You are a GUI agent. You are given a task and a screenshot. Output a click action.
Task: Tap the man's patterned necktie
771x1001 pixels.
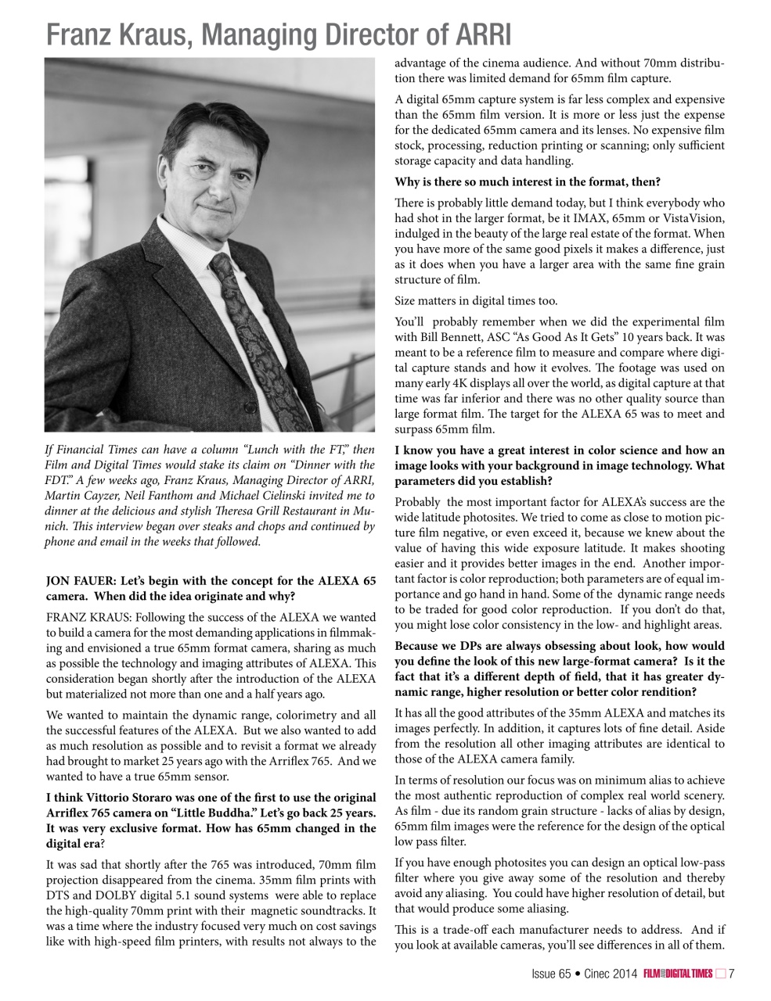point(250,336)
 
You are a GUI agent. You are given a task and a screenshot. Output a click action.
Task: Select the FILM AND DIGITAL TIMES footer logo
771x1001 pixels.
point(678,974)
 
